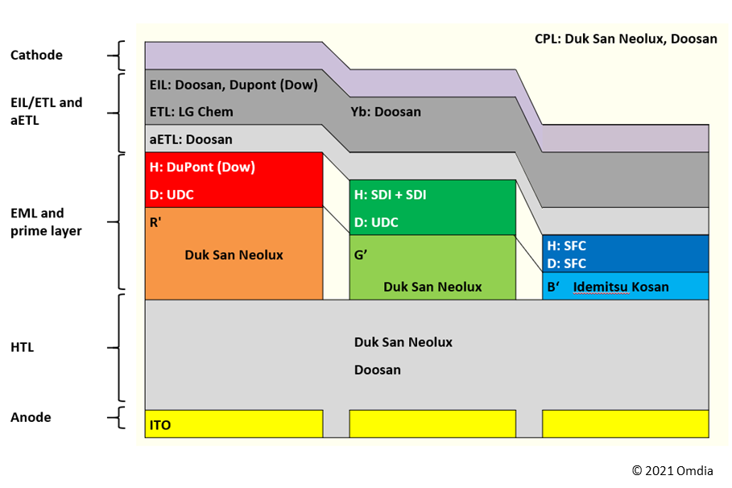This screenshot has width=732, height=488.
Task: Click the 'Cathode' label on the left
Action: (36, 56)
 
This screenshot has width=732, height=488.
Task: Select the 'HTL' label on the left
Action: (23, 348)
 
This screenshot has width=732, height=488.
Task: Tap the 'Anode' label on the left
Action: (31, 417)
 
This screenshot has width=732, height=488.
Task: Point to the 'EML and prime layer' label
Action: (45, 222)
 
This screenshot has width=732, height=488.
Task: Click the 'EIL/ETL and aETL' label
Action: (46, 111)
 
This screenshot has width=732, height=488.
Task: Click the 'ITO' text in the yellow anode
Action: (160, 424)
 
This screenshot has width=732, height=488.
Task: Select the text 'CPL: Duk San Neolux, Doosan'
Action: (625, 39)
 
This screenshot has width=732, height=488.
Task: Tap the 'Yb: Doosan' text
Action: (386, 112)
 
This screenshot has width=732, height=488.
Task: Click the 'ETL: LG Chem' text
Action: (191, 112)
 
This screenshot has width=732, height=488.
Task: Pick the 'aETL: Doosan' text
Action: (191, 139)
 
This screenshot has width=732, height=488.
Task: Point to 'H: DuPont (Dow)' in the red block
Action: (202, 167)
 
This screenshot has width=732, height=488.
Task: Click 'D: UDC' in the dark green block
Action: (376, 222)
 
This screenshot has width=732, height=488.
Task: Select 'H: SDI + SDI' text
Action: (391, 195)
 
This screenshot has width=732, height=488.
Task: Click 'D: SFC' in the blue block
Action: (566, 263)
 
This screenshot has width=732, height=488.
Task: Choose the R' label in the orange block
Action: (155, 223)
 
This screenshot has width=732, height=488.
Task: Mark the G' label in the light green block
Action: (361, 254)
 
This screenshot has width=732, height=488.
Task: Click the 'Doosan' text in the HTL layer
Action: (377, 370)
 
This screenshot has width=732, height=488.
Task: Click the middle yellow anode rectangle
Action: (432, 424)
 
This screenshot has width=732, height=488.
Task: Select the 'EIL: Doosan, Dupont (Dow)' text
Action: (234, 85)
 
